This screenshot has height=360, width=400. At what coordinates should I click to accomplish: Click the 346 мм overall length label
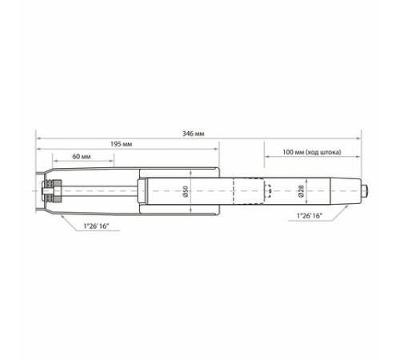pyautogui.click(x=194, y=134)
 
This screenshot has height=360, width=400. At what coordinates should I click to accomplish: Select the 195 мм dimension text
pyautogui.click(x=122, y=144)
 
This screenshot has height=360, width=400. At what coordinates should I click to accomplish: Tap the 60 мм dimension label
pyautogui.click(x=82, y=157)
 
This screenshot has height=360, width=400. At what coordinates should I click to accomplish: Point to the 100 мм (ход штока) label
pyautogui.click(x=312, y=152)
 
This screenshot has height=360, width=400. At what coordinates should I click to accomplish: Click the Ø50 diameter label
pyautogui.click(x=186, y=191)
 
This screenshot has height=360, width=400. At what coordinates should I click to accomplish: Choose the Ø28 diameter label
pyautogui.click(x=301, y=191)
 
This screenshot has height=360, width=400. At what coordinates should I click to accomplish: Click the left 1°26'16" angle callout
pyautogui.click(x=96, y=226)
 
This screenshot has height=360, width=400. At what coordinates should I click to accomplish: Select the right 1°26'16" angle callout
pyautogui.click(x=310, y=216)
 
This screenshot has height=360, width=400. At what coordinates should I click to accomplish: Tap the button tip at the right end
pyautogui.click(x=365, y=191)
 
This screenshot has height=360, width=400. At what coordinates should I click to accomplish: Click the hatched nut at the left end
pyautogui.click(x=57, y=191)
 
